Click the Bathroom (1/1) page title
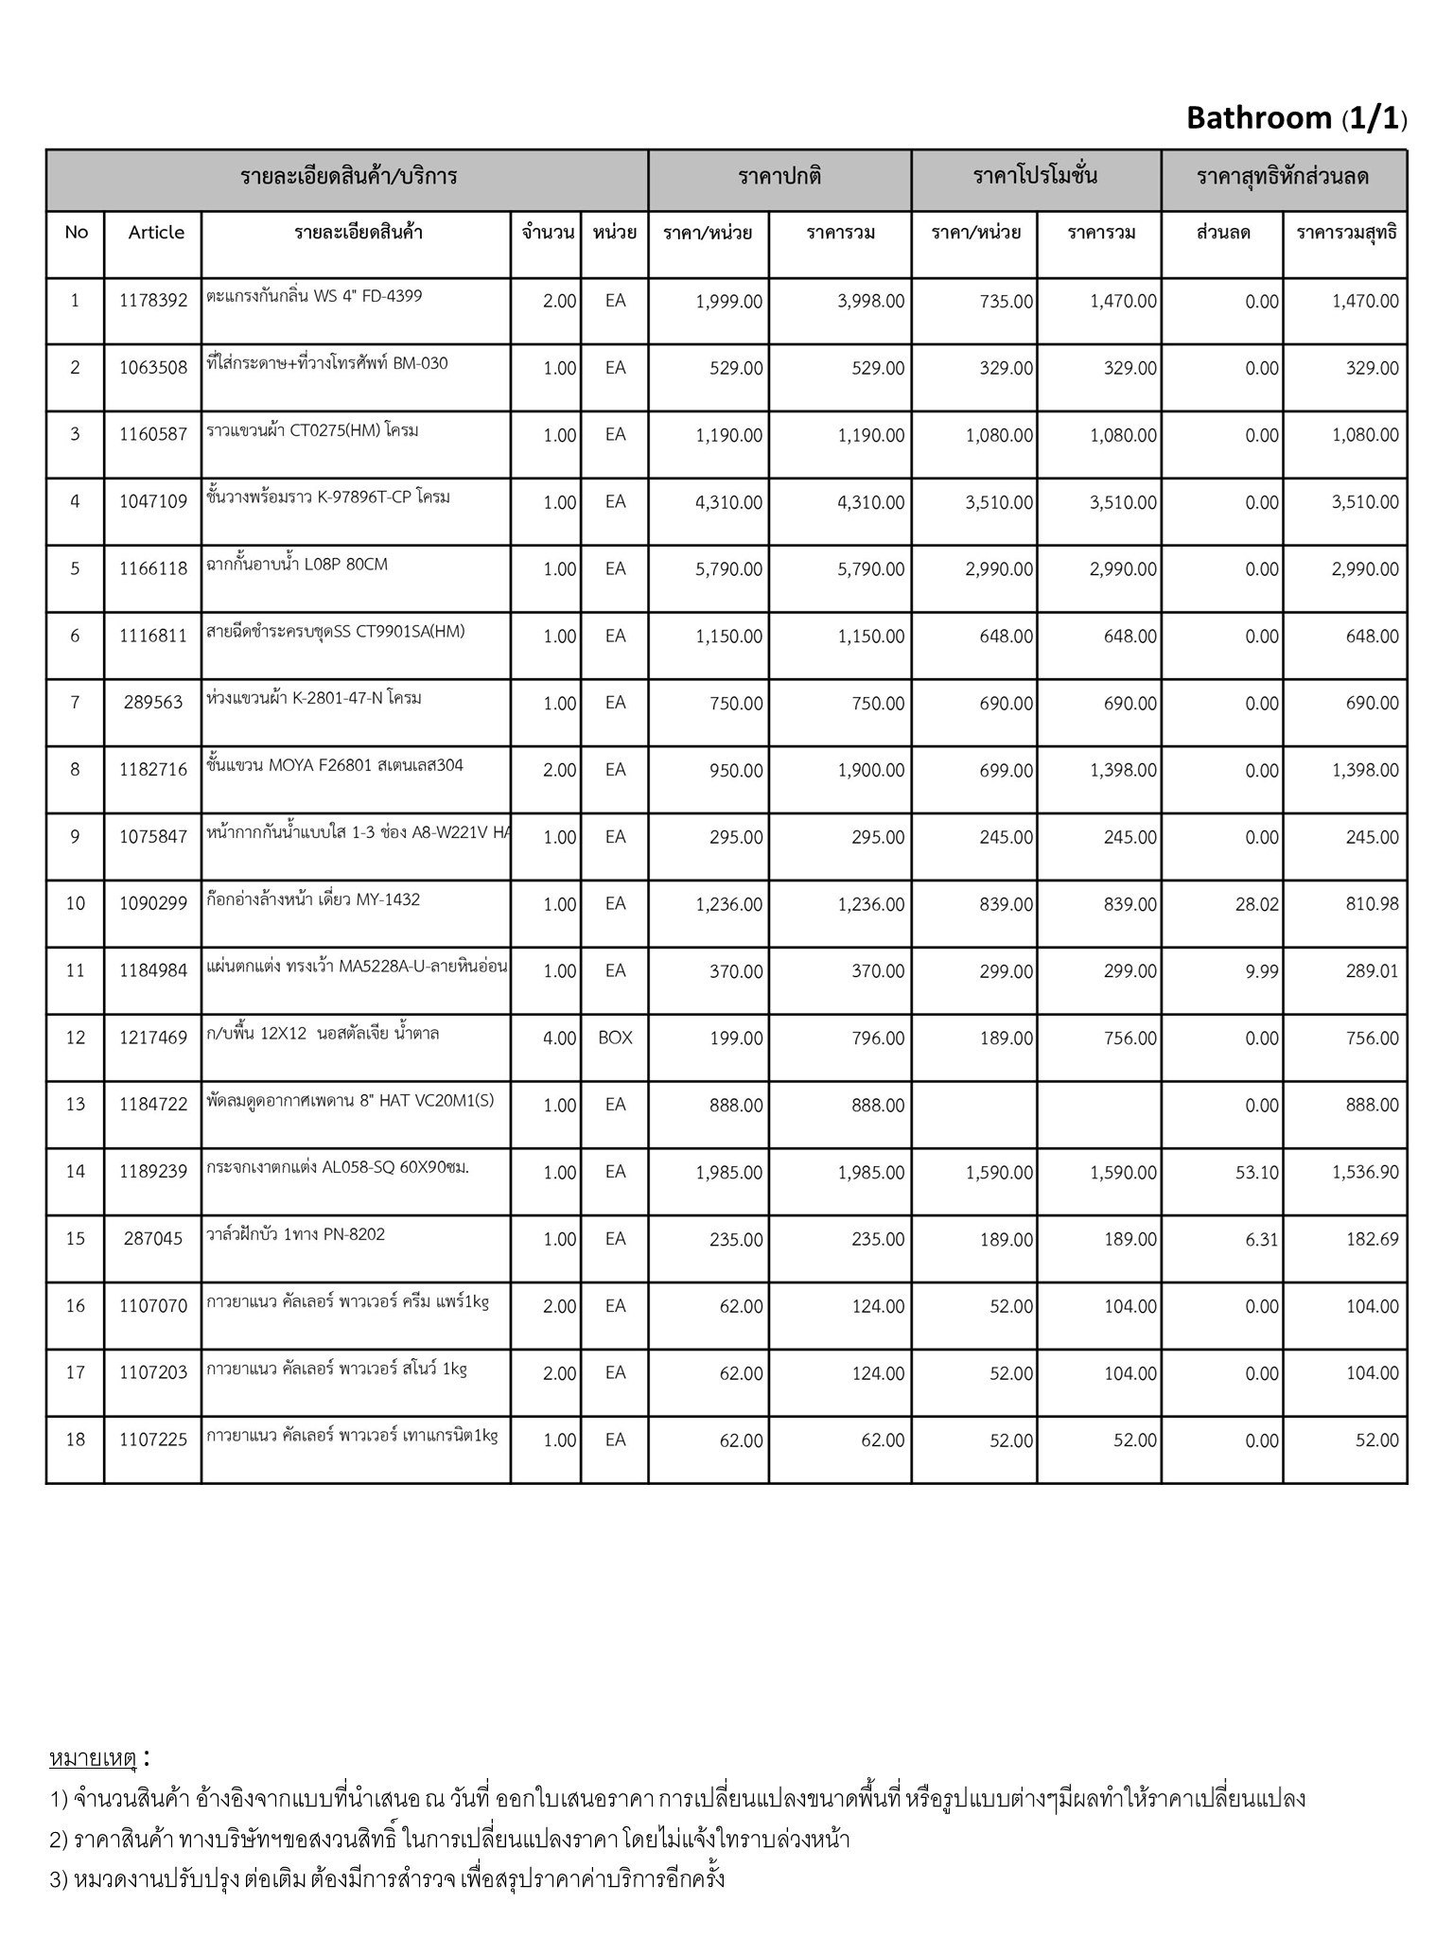point(1296,118)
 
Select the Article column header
point(156,233)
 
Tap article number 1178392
point(153,302)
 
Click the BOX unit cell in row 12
point(615,1038)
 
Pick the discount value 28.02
point(1256,905)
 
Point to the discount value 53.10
point(1256,1173)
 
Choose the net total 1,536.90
point(1365,1173)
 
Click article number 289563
point(153,704)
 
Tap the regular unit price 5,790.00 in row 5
point(728,569)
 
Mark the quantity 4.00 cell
point(559,1038)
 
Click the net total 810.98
point(1372,905)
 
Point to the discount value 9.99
point(1261,971)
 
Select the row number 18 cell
point(76,1440)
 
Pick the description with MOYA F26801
point(335,766)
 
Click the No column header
point(76,233)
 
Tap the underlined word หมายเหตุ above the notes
point(93,1759)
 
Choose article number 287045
point(153,1239)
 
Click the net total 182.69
point(1372,1240)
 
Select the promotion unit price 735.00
point(1006,302)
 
